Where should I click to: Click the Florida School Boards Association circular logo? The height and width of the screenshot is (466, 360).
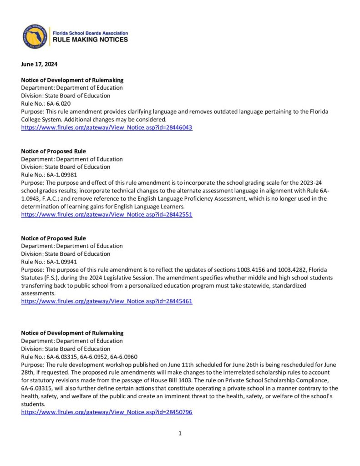pos(35,36)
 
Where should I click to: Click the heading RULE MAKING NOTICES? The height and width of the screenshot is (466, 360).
pos(91,40)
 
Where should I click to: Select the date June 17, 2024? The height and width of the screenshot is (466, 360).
pos(39,64)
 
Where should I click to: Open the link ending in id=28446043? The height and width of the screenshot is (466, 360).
pos(106,128)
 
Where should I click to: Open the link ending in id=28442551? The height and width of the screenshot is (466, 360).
pos(106,215)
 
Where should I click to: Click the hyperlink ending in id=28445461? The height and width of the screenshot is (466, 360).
pos(106,301)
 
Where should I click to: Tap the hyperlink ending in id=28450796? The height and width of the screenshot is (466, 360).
pos(106,412)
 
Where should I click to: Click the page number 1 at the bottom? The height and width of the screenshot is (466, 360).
pos(180,434)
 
